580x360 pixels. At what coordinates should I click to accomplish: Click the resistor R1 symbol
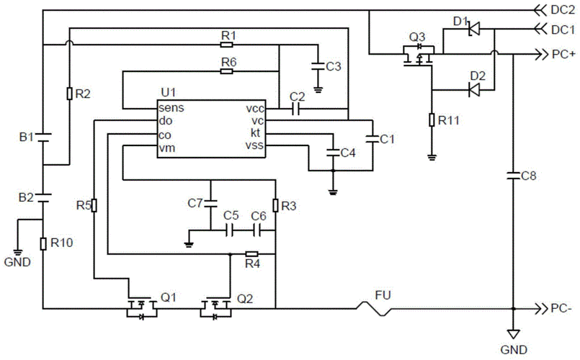pyautogui.click(x=228, y=44)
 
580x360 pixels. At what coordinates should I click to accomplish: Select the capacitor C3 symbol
pyautogui.click(x=315, y=66)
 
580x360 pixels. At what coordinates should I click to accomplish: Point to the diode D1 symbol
pyautogui.click(x=473, y=30)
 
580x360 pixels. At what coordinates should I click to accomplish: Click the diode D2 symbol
pyautogui.click(x=473, y=89)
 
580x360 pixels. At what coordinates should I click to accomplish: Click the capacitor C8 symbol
pyautogui.click(x=512, y=174)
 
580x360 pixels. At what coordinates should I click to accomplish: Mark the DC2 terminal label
pyautogui.click(x=562, y=10)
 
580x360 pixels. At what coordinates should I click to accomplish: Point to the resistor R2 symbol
pyautogui.click(x=68, y=93)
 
